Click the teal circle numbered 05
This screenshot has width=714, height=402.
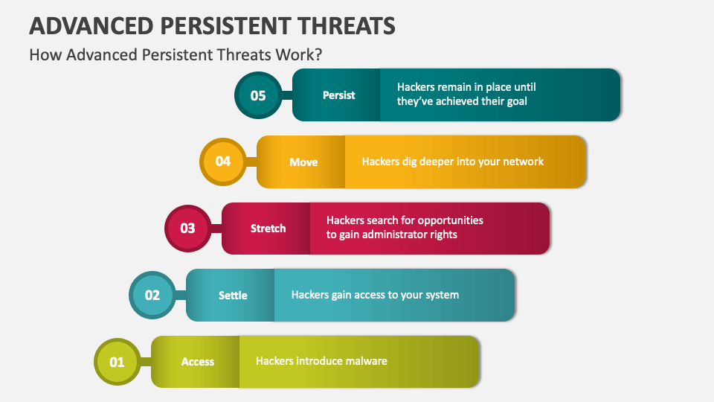258,95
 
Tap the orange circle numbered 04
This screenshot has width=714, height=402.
223,162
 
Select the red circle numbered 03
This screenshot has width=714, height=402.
187,229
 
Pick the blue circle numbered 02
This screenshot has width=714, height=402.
152,295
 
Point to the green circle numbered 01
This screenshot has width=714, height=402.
118,362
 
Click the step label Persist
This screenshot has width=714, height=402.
338,95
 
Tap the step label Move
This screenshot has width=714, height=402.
303,162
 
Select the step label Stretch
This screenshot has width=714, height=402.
268,229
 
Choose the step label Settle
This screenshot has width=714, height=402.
233,296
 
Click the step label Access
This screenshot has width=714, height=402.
198,362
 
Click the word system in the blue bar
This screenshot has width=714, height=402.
440,295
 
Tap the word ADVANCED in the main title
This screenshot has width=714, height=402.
89,25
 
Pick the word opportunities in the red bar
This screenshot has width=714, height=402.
450,221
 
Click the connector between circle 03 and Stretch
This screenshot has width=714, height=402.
216,229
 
